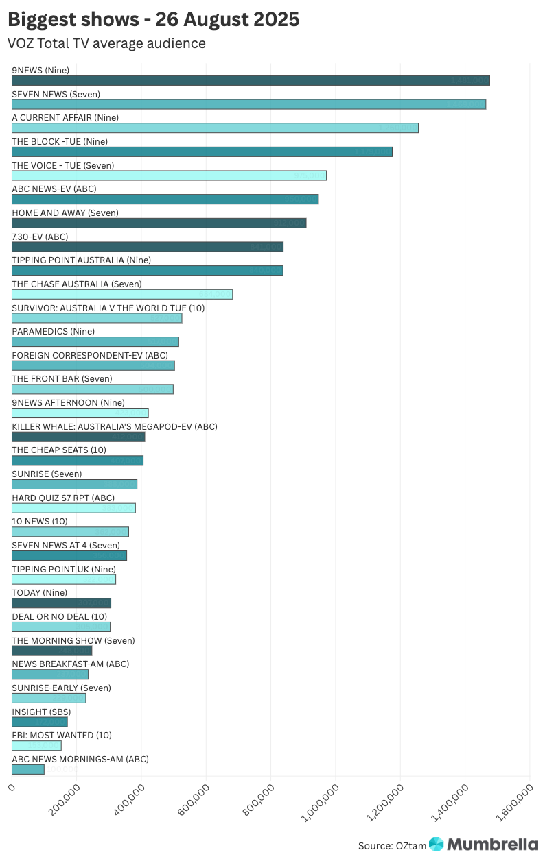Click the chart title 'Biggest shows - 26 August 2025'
154,19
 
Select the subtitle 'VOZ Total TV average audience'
106,43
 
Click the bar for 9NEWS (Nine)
251,80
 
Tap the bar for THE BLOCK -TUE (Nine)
202,151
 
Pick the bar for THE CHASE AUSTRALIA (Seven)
122,294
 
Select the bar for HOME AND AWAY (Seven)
159,223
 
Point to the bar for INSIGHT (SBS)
40,722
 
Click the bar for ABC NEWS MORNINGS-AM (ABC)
28,769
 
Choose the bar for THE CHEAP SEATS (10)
78,461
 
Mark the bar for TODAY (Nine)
61,603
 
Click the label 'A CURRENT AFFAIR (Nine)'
65,118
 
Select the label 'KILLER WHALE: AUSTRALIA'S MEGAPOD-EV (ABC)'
115,426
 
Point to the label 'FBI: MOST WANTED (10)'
61,736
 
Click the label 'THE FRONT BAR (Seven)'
62,379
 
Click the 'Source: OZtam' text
392,846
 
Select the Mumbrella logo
483,845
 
